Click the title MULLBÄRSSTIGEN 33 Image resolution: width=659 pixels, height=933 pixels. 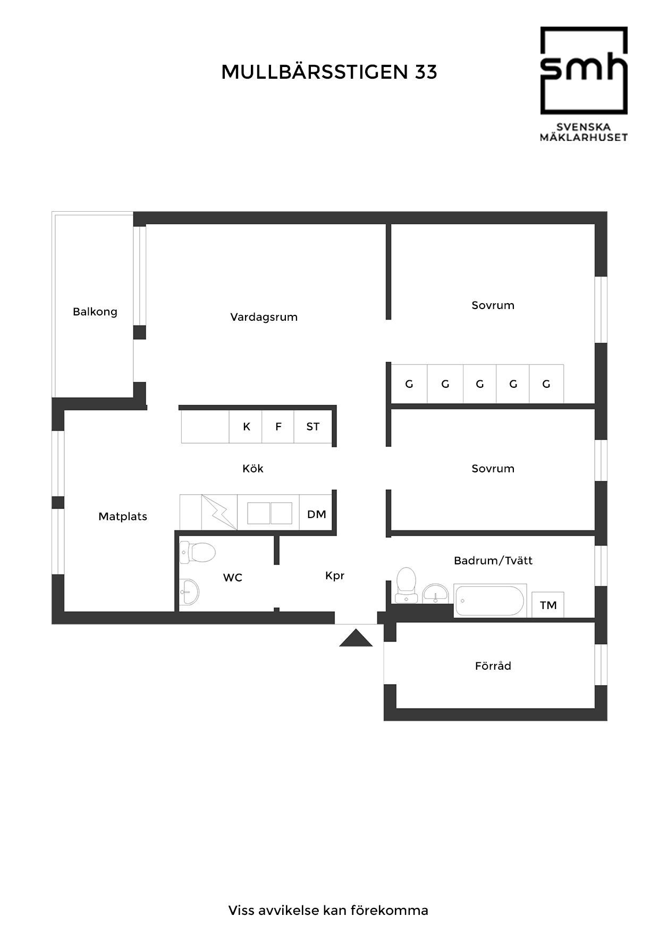click(329, 71)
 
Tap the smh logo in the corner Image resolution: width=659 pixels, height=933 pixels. click(584, 84)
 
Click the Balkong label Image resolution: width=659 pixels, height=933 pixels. click(95, 312)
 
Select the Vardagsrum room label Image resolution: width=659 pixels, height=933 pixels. click(264, 317)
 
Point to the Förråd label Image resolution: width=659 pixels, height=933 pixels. click(493, 665)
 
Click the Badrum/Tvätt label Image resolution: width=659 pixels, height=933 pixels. click(493, 560)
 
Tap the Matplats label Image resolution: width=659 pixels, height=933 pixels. click(123, 517)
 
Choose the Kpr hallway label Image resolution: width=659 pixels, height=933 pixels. click(335, 576)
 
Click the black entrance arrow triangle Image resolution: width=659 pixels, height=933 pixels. click(356, 638)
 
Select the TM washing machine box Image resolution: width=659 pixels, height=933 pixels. click(548, 605)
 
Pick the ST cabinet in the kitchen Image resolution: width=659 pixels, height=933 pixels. click(313, 427)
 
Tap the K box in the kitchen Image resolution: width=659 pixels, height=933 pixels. click(246, 427)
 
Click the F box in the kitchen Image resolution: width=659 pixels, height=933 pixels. click(278, 427)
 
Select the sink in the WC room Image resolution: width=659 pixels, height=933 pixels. click(189, 592)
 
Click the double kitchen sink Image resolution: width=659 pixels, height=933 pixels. click(270, 513)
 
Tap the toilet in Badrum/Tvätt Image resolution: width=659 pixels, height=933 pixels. click(406, 584)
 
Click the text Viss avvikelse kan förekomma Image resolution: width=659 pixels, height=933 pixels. click(328, 910)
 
